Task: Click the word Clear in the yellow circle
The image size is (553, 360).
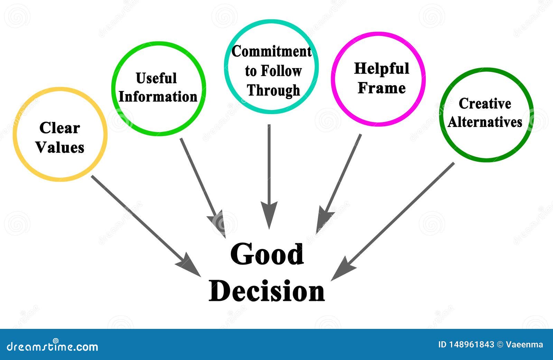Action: (60, 128)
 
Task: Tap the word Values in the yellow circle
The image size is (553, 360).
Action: (60, 147)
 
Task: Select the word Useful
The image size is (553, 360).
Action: (156, 78)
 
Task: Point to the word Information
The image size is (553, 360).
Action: (158, 96)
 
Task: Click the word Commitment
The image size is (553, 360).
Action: (272, 52)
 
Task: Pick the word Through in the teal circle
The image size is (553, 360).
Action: (273, 91)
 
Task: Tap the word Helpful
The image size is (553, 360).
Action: (382, 69)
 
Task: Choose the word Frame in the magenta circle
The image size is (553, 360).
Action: (382, 88)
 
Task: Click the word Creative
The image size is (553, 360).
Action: (485, 103)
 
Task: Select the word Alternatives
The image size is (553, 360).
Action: (485, 122)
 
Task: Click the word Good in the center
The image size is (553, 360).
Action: (267, 254)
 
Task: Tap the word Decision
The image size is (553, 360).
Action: (266, 290)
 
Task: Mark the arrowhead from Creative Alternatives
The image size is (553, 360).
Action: (343, 269)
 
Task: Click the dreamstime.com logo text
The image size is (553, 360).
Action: (52, 346)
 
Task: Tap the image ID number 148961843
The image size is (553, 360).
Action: (471, 344)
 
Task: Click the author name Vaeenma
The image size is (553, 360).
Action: (524, 344)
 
